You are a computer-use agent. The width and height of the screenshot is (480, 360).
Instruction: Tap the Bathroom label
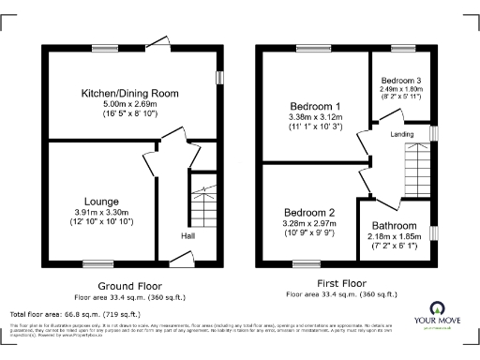click(x=393, y=226)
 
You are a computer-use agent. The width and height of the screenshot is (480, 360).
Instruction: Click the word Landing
click(x=402, y=135)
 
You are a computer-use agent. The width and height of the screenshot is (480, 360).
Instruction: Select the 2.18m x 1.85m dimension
click(x=393, y=236)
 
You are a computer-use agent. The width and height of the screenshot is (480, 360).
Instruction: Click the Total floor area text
click(x=75, y=314)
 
